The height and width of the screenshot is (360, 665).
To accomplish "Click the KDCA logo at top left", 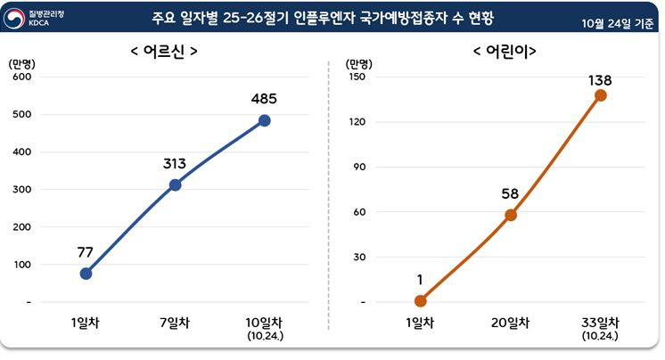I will (x=36, y=18).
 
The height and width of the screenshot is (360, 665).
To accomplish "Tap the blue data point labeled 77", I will (x=86, y=274).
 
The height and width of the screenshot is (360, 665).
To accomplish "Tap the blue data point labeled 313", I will (x=175, y=184).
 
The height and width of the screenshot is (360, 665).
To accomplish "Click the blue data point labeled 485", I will (x=264, y=120).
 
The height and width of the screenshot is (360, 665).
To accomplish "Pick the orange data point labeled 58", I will (x=511, y=215).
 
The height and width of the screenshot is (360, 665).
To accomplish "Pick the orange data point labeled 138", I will (x=600, y=95).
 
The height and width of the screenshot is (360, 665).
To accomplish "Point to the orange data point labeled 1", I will (x=421, y=301).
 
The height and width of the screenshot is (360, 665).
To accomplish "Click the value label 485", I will (x=264, y=98).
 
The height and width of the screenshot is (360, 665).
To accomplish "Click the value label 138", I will (x=600, y=80).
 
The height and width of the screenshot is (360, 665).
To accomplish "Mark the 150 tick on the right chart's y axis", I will (x=359, y=77).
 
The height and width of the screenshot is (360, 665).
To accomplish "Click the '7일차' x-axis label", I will (x=175, y=323).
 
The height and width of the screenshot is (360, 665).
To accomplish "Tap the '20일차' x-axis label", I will (x=511, y=323).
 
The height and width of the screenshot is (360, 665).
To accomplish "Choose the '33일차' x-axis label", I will (x=600, y=323).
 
